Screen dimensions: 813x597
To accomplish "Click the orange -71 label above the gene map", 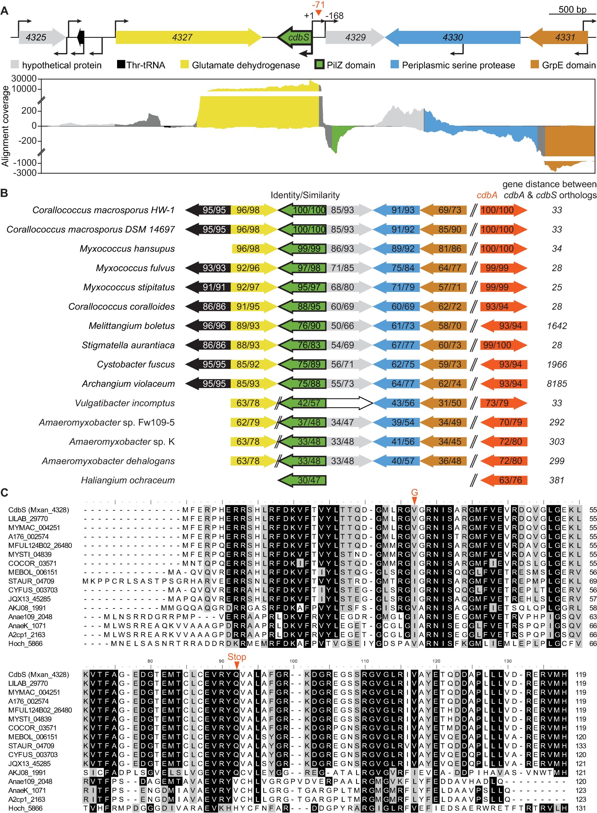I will tap(318, 5).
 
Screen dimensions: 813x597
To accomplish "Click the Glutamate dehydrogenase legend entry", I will tap(246, 65).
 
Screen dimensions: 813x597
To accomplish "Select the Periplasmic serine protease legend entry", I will tap(458, 65).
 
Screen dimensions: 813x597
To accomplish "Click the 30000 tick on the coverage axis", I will tap(24, 78).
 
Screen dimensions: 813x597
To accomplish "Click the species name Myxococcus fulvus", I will tap(135, 268).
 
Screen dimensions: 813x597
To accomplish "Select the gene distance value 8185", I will tap(556, 384).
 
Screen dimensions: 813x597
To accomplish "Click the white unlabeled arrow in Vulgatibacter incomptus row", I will tap(349, 403).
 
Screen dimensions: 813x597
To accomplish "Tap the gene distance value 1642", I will tap(556, 326).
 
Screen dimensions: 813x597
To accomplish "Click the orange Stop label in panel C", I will tap(237, 657).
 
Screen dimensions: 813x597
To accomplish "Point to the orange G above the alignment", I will tap(415, 492).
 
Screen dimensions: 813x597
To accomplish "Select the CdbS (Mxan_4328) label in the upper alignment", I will tap(39, 510).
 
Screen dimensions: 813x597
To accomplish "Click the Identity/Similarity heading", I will tap(305, 195).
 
